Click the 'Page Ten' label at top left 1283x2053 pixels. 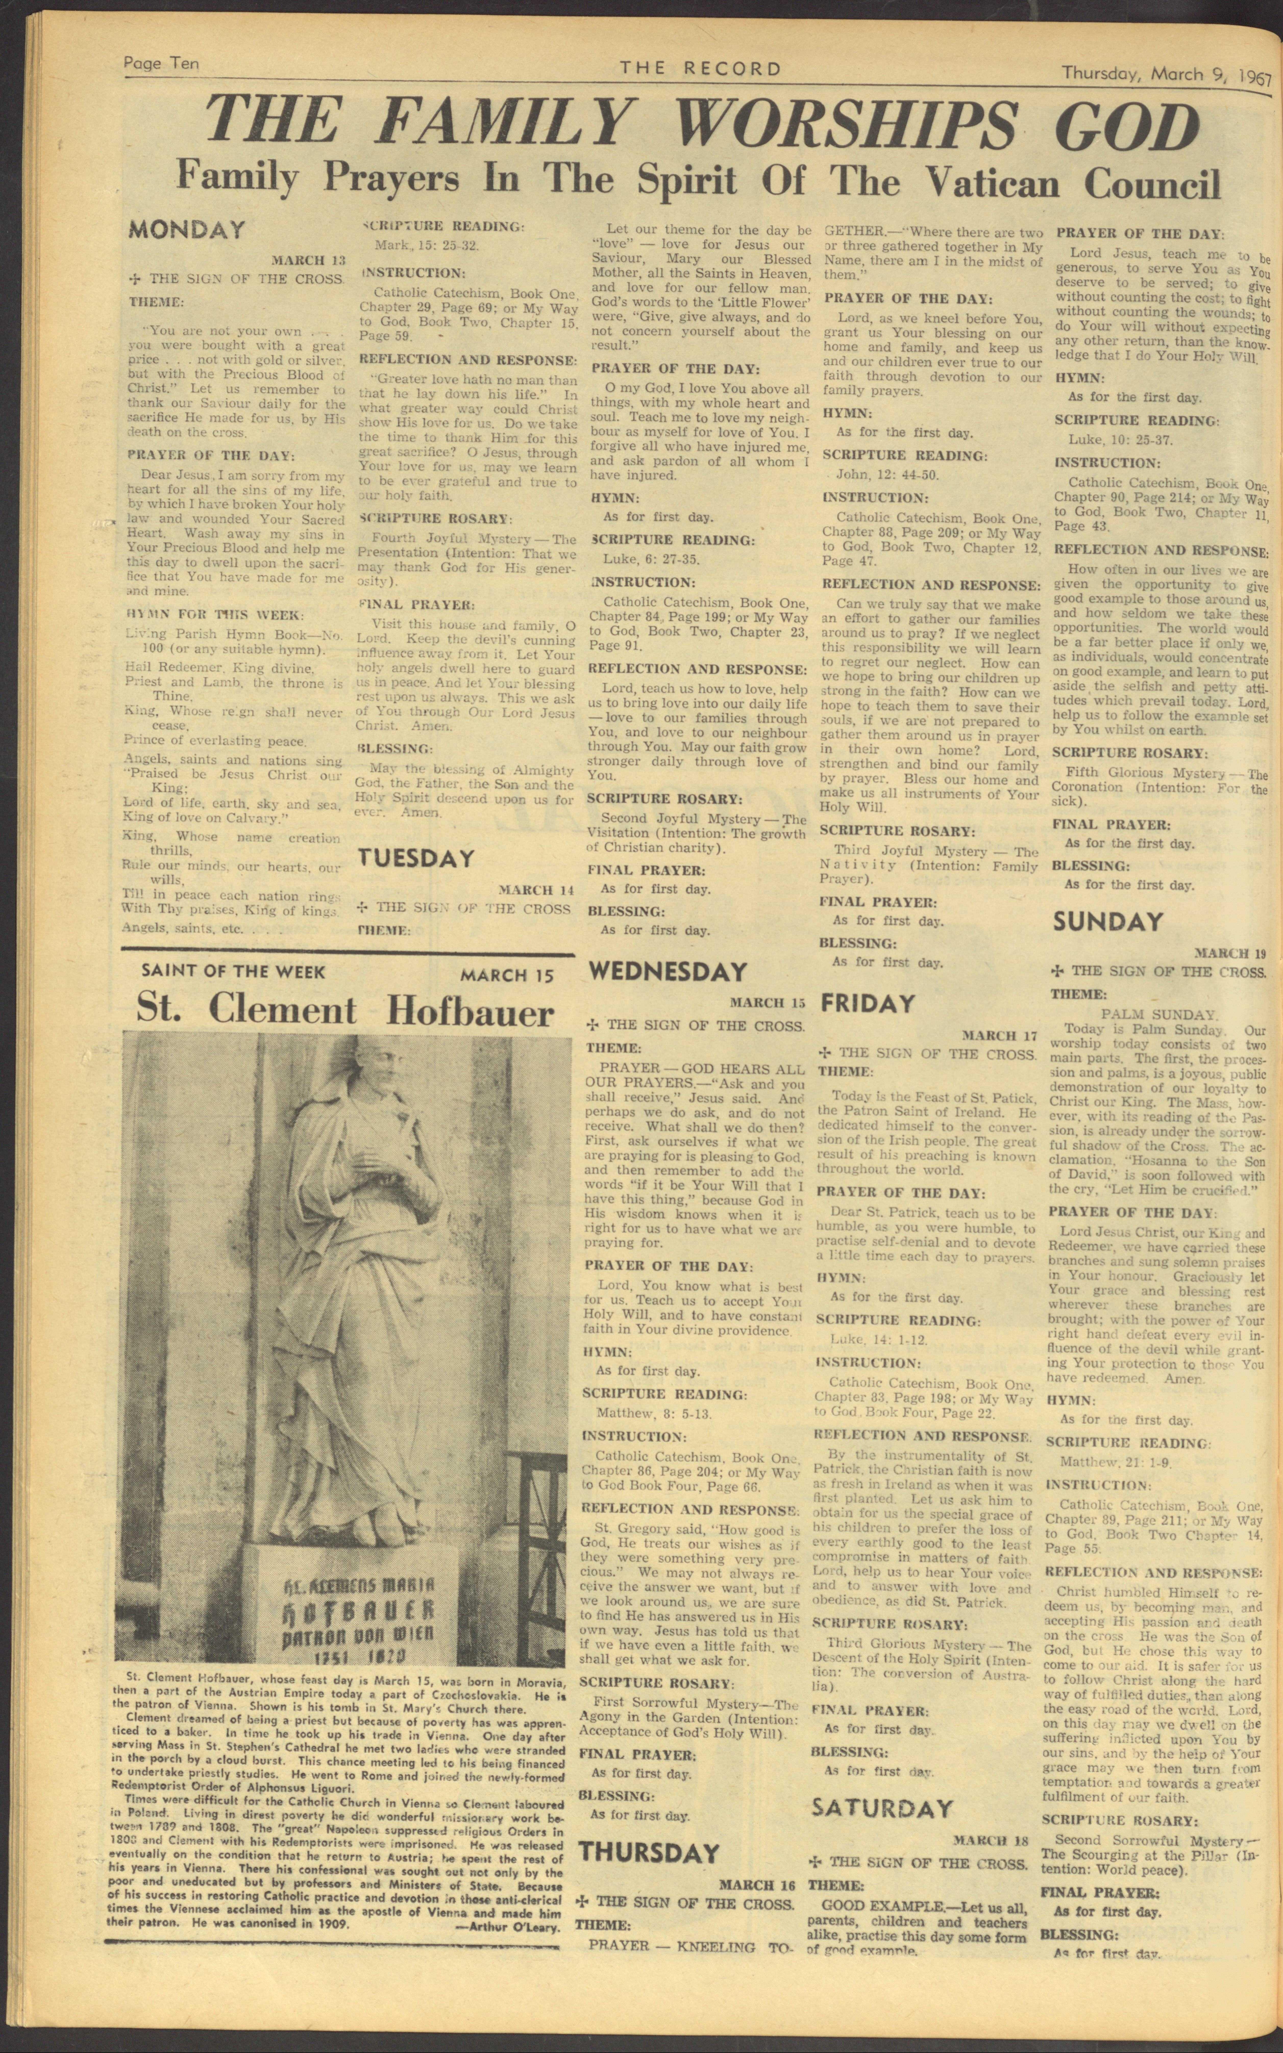click(161, 65)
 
